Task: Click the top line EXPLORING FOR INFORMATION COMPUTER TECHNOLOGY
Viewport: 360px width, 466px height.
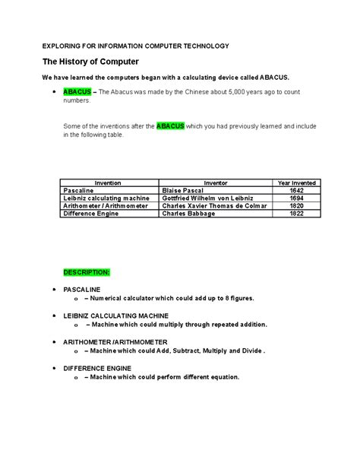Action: (x=135, y=46)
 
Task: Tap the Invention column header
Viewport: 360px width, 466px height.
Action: (x=109, y=183)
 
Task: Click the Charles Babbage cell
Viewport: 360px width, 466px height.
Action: (x=188, y=214)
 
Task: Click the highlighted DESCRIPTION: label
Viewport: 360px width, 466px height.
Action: (x=87, y=271)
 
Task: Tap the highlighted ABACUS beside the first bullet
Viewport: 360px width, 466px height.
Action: (x=77, y=91)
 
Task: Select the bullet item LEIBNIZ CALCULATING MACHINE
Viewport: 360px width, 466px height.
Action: (x=115, y=315)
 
